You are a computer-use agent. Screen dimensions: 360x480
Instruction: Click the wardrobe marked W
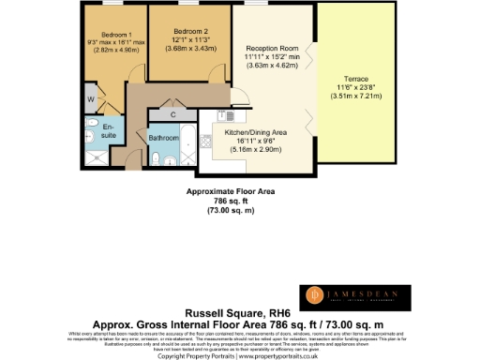coord(90,97)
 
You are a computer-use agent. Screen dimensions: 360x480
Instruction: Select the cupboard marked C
coord(174,114)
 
